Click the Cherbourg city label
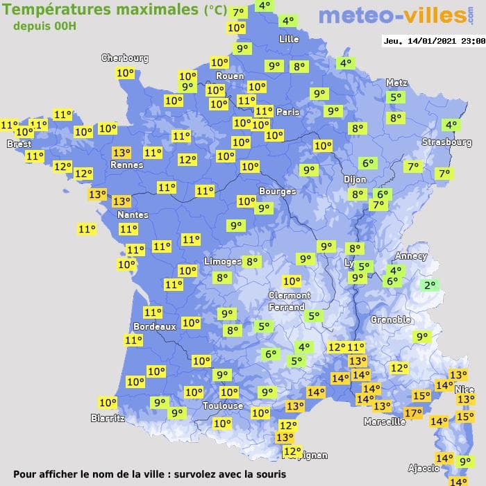pyautogui.click(x=125, y=58)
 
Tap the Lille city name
pyautogui.click(x=288, y=39)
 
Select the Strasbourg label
pyautogui.click(x=446, y=142)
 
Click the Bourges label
pyautogui.click(x=277, y=191)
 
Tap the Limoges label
pyautogui.click(x=222, y=261)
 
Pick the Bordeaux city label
pyautogui.click(x=154, y=326)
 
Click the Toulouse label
pyautogui.click(x=223, y=405)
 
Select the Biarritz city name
pyautogui.click(x=108, y=418)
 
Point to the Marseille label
pyautogui.click(x=385, y=421)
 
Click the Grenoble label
pyautogui.click(x=391, y=319)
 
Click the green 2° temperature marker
pyautogui.click(x=430, y=285)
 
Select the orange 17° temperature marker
pyautogui.click(x=413, y=413)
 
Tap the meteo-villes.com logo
pyautogui.click(x=392, y=15)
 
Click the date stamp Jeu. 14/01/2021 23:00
pyautogui.click(x=433, y=41)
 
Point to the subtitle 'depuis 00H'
pyautogui.click(x=44, y=26)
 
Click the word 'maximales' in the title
pyautogui.click(x=145, y=10)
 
